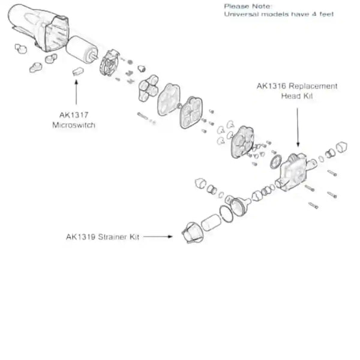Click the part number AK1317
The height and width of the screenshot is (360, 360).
click(x=74, y=115)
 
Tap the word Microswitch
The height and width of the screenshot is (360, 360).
click(x=74, y=125)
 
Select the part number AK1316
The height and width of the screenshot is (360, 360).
click(x=271, y=86)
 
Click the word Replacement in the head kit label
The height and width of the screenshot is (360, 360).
click(x=313, y=86)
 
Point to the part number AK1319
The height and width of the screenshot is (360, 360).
click(x=80, y=237)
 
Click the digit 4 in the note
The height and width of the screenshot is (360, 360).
click(x=314, y=14)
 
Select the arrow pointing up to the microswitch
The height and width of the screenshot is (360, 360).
click(x=76, y=92)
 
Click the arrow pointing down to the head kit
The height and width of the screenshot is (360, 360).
click(x=298, y=127)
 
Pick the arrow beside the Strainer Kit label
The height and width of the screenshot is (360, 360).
click(x=158, y=236)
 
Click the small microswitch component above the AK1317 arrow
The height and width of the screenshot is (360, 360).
click(x=78, y=71)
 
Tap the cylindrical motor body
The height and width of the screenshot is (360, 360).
click(x=82, y=50)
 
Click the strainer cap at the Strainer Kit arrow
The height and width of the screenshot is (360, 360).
click(x=193, y=233)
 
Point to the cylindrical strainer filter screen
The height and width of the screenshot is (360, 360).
click(x=211, y=222)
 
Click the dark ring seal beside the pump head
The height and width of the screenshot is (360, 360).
click(x=276, y=161)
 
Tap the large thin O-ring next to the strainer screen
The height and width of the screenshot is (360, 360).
click(x=226, y=214)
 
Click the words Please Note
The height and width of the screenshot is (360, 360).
click(x=248, y=6)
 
